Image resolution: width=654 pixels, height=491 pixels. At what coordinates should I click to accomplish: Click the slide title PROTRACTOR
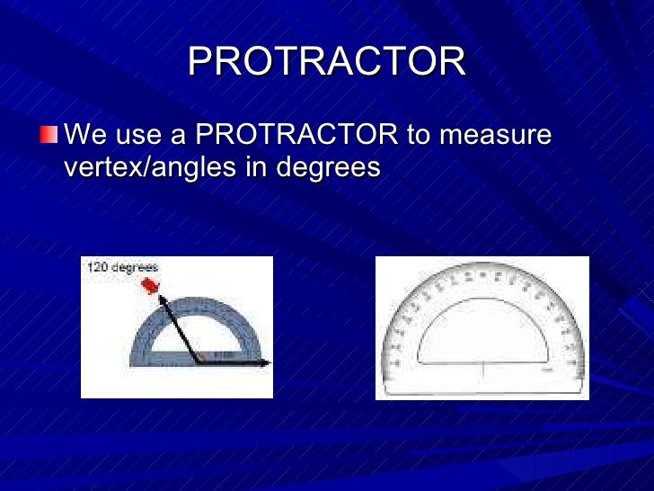(x=327, y=61)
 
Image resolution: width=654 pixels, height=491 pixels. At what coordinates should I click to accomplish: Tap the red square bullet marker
(x=49, y=137)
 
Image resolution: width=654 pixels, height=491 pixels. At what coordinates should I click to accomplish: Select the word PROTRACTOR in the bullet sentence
(x=296, y=136)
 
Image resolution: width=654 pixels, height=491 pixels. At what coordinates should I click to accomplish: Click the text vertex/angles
(x=154, y=167)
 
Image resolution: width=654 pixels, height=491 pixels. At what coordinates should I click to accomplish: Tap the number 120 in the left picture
(x=97, y=267)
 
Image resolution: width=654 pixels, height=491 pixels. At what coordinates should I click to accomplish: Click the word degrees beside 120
(x=135, y=267)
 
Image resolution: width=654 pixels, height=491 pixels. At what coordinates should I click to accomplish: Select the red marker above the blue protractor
(x=149, y=285)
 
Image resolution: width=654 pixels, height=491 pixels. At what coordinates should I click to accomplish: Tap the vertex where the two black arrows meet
(x=197, y=363)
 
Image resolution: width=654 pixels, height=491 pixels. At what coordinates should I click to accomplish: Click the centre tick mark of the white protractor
(x=482, y=370)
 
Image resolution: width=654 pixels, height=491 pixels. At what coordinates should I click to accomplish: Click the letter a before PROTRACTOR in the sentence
(x=179, y=136)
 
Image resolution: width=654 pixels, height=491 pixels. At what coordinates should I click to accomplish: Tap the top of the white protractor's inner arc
(x=482, y=300)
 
